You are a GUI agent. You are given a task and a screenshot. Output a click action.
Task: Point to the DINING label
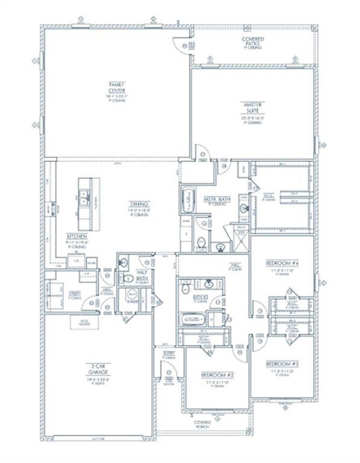[142, 205]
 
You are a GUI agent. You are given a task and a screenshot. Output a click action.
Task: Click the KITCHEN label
[78, 237]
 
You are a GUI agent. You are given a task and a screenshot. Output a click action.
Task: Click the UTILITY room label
[75, 294]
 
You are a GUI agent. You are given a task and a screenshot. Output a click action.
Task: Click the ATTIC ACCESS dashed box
[81, 323]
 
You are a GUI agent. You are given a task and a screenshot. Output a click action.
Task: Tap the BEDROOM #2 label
[216, 375]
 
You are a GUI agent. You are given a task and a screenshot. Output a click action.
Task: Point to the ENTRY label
[170, 353]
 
